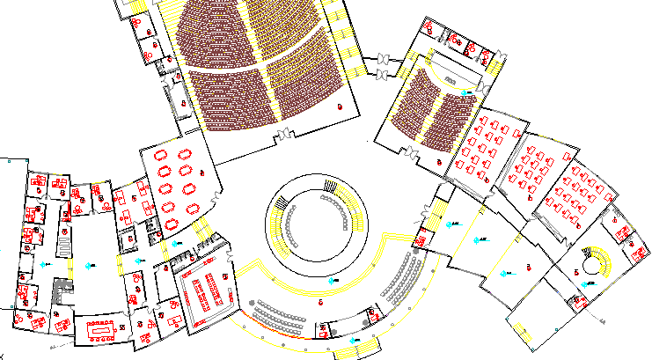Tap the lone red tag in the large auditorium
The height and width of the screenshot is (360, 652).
[x=340, y=107]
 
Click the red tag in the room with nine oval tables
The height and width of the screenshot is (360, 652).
[x=201, y=171]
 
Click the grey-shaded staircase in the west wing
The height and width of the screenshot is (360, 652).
[x=60, y=291]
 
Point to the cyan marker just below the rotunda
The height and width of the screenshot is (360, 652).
[x=332, y=279]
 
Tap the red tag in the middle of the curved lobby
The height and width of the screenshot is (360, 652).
[x=320, y=302]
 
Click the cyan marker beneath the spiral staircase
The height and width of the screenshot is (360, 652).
[x=587, y=284]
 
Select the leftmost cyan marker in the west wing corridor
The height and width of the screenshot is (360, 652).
[x=44, y=264]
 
